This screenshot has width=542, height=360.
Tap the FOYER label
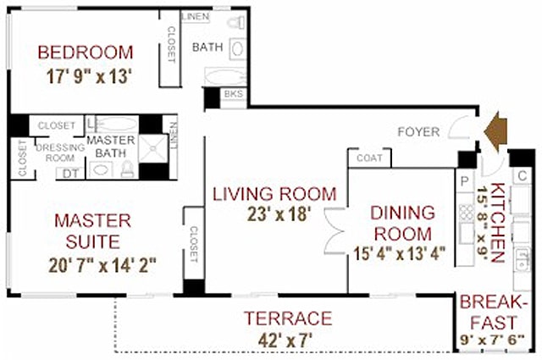[x=420, y=131]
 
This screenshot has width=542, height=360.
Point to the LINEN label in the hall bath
[x=196, y=16]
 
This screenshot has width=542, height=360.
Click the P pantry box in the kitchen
[x=464, y=181]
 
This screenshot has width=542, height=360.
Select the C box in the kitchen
[x=523, y=175]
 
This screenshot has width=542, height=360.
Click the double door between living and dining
[x=334, y=232]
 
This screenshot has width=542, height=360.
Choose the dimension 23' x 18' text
[x=273, y=215]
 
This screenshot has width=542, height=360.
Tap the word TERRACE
[x=287, y=318]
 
